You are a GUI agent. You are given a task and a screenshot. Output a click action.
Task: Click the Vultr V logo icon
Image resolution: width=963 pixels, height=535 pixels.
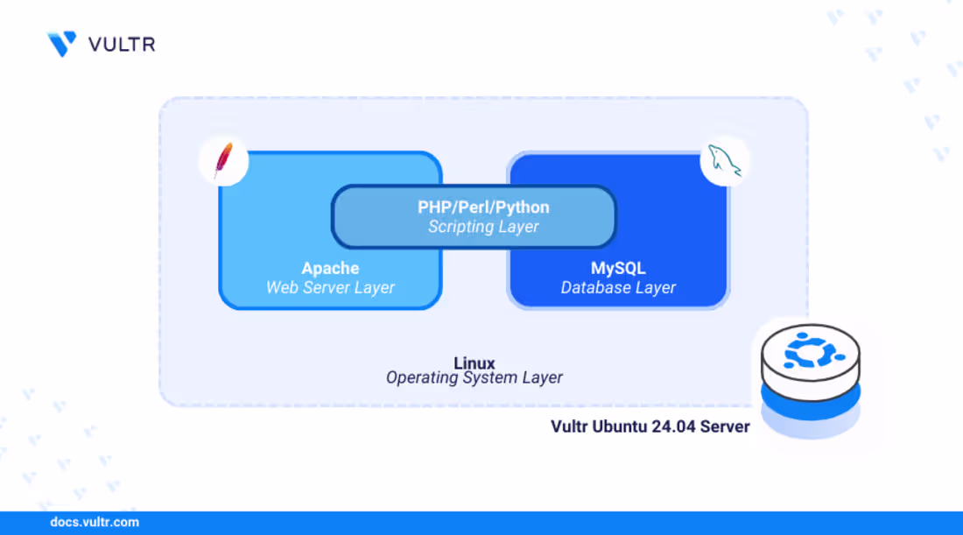[61, 44]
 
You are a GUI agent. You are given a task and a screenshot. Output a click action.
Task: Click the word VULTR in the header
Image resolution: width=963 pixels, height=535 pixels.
[122, 44]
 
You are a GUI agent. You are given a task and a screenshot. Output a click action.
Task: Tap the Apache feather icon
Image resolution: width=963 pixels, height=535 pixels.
[223, 162]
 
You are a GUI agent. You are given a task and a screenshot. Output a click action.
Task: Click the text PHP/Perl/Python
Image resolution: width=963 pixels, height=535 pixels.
[483, 208]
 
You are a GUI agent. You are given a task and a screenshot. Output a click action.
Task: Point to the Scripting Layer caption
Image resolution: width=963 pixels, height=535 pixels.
[483, 227]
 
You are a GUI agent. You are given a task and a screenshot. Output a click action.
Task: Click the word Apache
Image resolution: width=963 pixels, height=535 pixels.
[330, 268]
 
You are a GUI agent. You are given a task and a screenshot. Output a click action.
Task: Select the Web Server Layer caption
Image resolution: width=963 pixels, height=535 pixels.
[330, 287]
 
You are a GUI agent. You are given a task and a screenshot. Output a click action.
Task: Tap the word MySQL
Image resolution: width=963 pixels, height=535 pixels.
[618, 268]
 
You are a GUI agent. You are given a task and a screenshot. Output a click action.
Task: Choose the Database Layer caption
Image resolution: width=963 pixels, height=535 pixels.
[618, 287]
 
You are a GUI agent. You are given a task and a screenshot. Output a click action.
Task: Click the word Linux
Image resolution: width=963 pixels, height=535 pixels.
[474, 363]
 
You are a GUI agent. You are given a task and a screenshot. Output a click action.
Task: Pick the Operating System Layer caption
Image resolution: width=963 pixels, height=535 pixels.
[474, 378]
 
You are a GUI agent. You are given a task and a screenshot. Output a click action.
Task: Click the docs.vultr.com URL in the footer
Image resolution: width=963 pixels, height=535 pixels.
[95, 522]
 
